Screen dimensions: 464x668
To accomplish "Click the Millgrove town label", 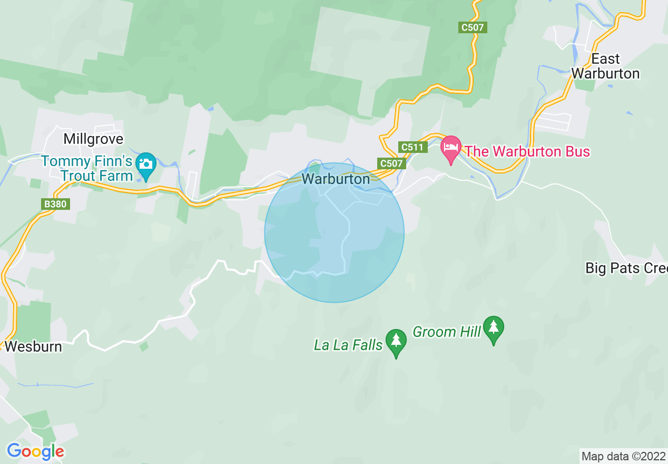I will (x=93, y=139).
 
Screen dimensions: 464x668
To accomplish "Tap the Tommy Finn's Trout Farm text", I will (x=87, y=168).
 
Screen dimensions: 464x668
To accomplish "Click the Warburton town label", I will (x=336, y=179).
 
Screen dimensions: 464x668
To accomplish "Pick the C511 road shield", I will (x=412, y=147).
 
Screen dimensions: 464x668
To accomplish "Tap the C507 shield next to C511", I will (x=391, y=163).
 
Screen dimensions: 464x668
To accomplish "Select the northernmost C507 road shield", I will (x=473, y=27).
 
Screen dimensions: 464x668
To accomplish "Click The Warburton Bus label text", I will (x=527, y=151).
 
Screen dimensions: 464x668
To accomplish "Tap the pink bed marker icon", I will (x=451, y=148).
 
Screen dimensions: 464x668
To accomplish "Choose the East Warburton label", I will (x=605, y=66).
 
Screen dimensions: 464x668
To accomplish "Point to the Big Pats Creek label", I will (x=626, y=268).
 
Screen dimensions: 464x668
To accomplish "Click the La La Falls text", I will (x=348, y=345).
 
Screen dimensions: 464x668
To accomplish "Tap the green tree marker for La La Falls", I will (x=396, y=342).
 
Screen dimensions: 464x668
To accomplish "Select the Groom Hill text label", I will (x=446, y=332).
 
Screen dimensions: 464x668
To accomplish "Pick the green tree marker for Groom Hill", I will (x=493, y=328).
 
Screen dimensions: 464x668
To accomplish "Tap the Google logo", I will (x=35, y=451).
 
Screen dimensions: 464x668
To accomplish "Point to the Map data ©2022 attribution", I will (x=623, y=456).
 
